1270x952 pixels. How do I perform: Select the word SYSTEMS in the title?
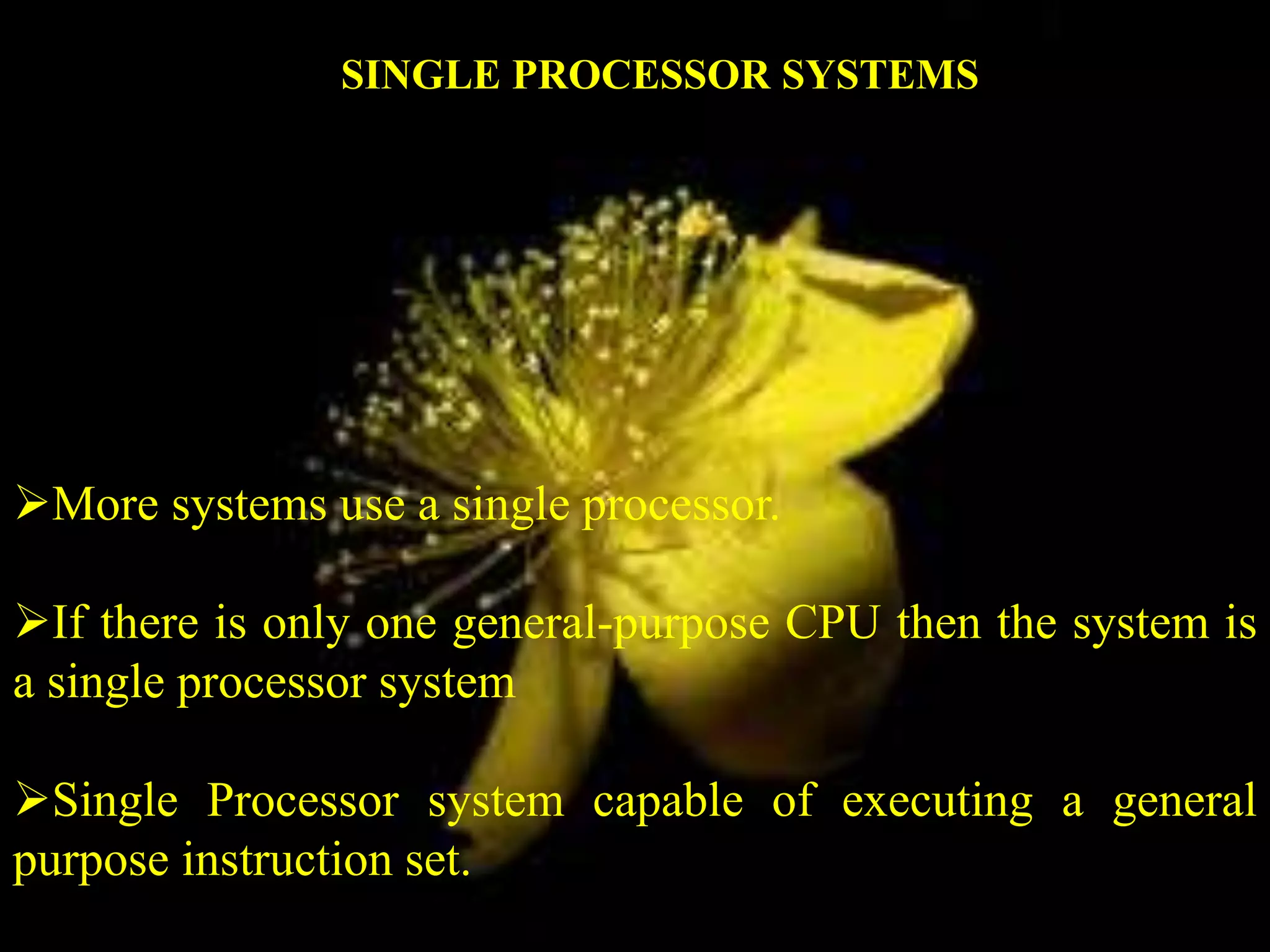[880, 76]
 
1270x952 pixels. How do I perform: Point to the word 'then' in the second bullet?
[939, 622]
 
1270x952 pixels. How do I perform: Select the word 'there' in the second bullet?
[149, 622]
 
